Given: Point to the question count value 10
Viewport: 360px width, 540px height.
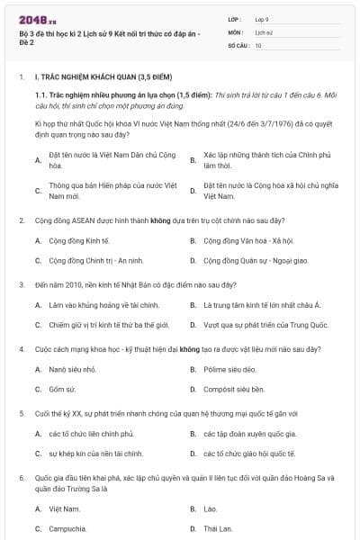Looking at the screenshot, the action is [258, 44].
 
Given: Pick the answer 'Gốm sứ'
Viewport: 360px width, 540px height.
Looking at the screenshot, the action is [63, 390].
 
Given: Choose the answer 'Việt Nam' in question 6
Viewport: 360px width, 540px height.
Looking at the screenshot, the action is [64, 508].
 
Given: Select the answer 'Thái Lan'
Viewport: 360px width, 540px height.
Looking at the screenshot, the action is [218, 528].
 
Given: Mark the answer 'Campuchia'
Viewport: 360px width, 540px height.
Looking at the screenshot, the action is [67, 528].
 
